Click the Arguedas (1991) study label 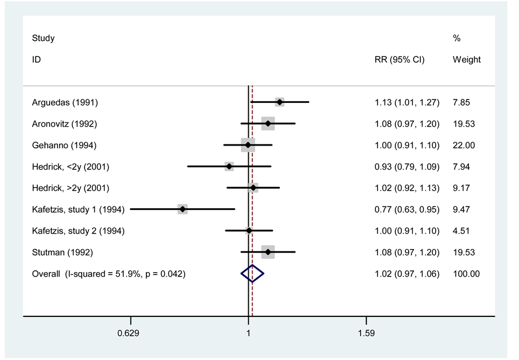pyautogui.click(x=65, y=102)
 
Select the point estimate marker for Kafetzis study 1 pyautogui.click(x=182, y=209)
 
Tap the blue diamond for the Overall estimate pyautogui.click(x=252, y=274)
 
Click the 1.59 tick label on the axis pyautogui.click(x=366, y=333)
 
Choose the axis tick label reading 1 pyautogui.click(x=248, y=333)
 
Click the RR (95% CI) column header pyautogui.click(x=399, y=59)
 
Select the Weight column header pyautogui.click(x=467, y=59)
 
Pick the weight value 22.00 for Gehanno pyautogui.click(x=464, y=145)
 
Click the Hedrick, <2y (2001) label pyautogui.click(x=71, y=167)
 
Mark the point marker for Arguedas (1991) pyautogui.click(x=279, y=102)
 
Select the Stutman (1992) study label pyautogui.click(x=63, y=252)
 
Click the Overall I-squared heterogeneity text pyautogui.click(x=109, y=274)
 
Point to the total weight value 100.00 pyautogui.click(x=466, y=274)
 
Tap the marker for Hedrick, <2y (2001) pyautogui.click(x=229, y=167)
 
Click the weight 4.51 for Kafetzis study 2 pyautogui.click(x=462, y=231)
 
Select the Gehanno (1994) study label pyautogui.click(x=64, y=145)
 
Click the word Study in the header pyautogui.click(x=44, y=38)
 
